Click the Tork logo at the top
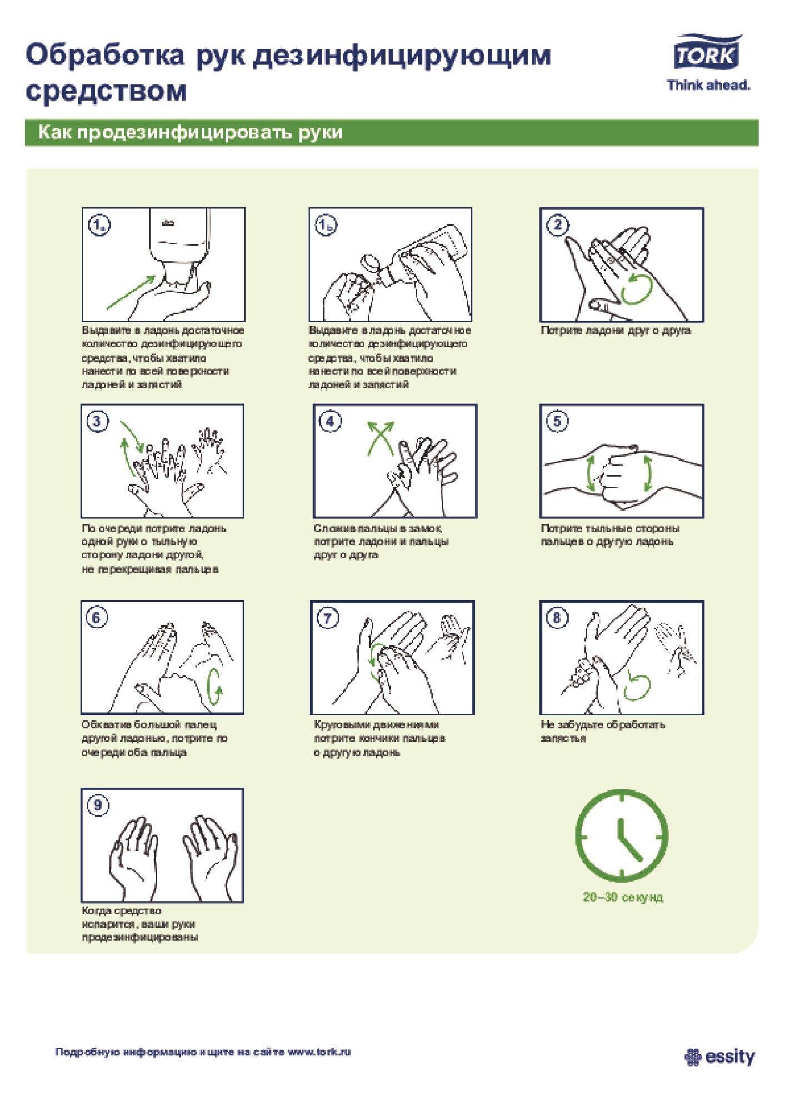pyautogui.click(x=708, y=53)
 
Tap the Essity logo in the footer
pyautogui.click(x=720, y=1057)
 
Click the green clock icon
pyautogui.click(x=622, y=836)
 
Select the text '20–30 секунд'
pyautogui.click(x=623, y=897)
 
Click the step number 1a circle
pyautogui.click(x=99, y=225)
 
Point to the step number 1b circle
pyautogui.click(x=326, y=225)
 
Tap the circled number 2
pyautogui.click(x=557, y=225)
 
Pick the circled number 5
pyautogui.click(x=557, y=421)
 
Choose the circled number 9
pyautogui.click(x=98, y=805)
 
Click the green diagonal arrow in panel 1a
pyautogui.click(x=131, y=292)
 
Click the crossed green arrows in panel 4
pyautogui.click(x=381, y=438)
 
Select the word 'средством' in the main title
pyautogui.click(x=106, y=91)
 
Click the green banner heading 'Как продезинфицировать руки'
pyautogui.click(x=191, y=133)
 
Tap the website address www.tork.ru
pyautogui.click(x=319, y=1052)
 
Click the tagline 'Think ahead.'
pyautogui.click(x=708, y=86)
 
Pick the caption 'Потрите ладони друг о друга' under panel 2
pyautogui.click(x=616, y=331)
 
